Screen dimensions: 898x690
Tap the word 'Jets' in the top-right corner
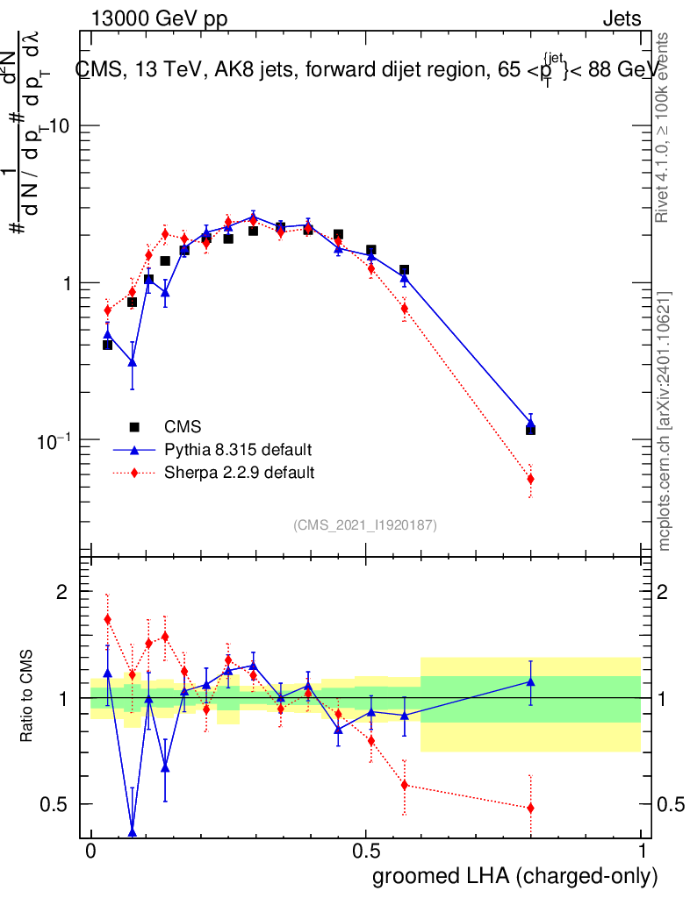(x=622, y=19)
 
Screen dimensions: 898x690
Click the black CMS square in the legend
(x=134, y=427)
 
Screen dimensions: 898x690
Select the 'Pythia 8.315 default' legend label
(x=238, y=450)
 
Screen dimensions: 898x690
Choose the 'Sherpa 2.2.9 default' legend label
(x=240, y=473)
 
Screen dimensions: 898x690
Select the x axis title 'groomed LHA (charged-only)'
(x=515, y=876)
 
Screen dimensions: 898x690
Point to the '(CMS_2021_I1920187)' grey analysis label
(x=365, y=525)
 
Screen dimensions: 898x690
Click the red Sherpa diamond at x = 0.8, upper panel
(x=530, y=479)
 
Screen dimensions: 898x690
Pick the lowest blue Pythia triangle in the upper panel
(x=133, y=360)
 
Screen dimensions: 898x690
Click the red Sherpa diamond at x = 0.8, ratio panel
(x=530, y=808)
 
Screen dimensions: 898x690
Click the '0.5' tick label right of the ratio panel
(x=670, y=804)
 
